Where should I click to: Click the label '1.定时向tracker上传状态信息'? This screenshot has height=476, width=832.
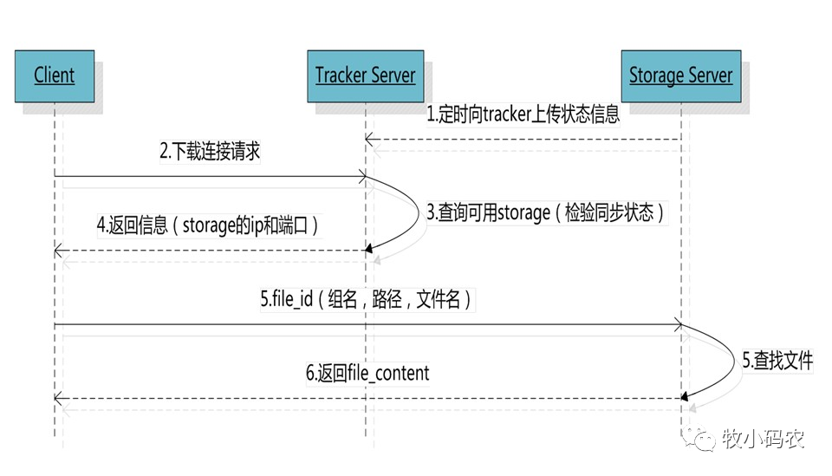pyautogui.click(x=523, y=114)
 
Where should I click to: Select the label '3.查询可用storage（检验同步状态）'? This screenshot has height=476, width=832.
pyautogui.click(x=546, y=212)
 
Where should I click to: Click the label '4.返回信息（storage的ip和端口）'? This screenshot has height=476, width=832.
pyautogui.click(x=208, y=225)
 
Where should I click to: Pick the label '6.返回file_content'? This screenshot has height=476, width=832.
pyautogui.click(x=367, y=374)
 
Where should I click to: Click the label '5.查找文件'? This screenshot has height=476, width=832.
pyautogui.click(x=777, y=361)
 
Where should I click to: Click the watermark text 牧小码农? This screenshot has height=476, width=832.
pyautogui.click(x=763, y=440)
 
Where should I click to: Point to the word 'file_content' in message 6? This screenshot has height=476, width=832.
pyautogui.click(x=388, y=374)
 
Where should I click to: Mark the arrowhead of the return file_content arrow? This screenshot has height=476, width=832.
pyautogui.click(x=58, y=398)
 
